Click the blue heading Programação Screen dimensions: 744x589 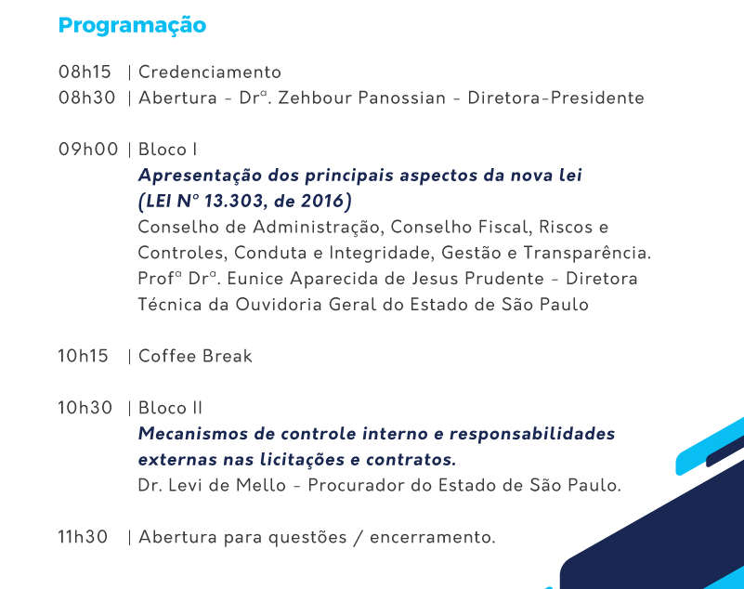tap(132, 26)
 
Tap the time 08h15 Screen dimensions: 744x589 tap(85, 72)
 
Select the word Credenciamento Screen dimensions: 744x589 tap(210, 72)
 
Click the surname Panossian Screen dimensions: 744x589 tap(402, 98)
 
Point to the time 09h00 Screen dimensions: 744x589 tap(88, 150)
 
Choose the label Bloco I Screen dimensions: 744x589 tap(167, 150)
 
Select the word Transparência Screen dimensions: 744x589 tap(587, 253)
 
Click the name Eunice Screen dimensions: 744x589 tap(255, 279)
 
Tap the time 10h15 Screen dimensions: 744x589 tap(83, 356)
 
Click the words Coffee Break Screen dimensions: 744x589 tap(195, 356)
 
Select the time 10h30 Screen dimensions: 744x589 tap(85, 408)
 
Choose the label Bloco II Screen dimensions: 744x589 tap(170, 408)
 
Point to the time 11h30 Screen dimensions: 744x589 tap(83, 537)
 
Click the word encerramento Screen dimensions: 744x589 tap(433, 537)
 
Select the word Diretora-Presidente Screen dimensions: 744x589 tap(556, 98)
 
